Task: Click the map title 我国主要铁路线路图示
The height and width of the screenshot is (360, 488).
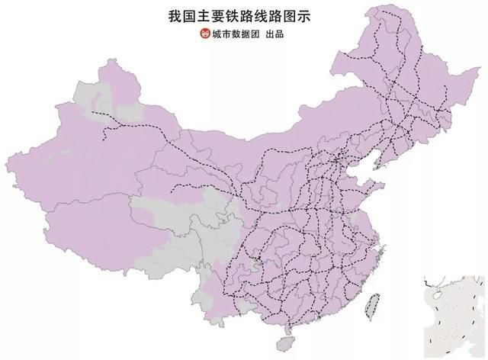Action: pyautogui.click(x=244, y=15)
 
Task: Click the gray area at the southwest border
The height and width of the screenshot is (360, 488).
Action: pyautogui.click(x=202, y=294)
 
